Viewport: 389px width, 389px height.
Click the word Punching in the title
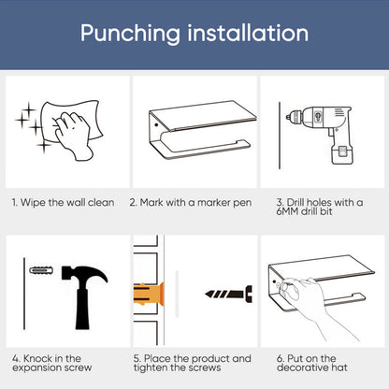tap(130, 34)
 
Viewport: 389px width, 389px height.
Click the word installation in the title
tap(248, 33)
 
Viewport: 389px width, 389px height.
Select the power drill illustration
tap(321, 134)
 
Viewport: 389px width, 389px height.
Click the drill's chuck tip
tap(288, 117)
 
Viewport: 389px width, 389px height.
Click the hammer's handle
tap(82, 309)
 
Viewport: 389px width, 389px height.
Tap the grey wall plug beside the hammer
tap(41, 269)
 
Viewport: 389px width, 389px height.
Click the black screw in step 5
tap(229, 294)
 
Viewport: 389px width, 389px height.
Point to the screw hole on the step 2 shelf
tap(156, 125)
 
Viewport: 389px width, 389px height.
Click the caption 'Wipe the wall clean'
tap(67, 203)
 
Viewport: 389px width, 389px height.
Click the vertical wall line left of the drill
tap(280, 136)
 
